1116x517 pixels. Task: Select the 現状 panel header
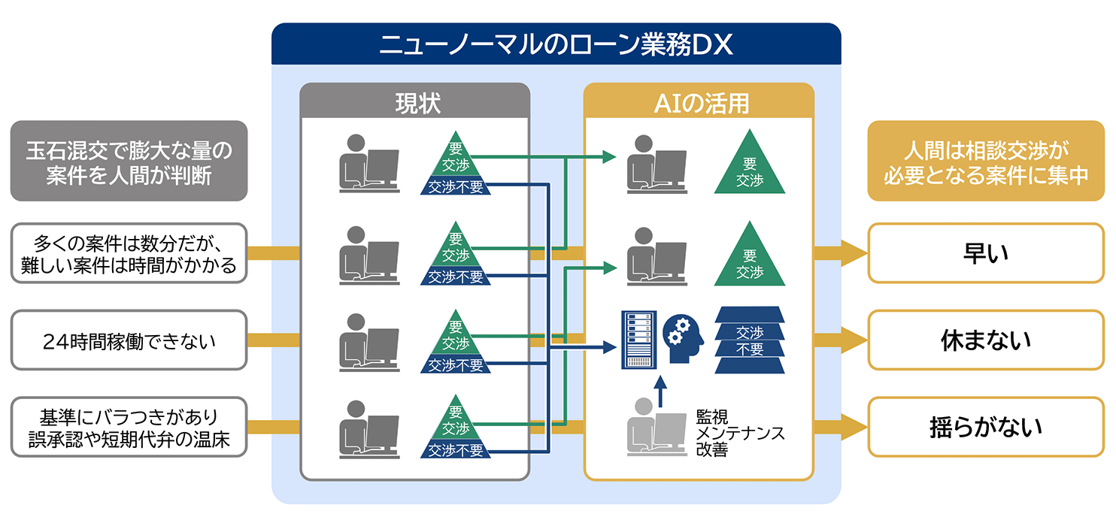coord(414,101)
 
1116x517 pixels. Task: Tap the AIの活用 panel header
coord(699,101)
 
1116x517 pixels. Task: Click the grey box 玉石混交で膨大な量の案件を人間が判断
coord(129,161)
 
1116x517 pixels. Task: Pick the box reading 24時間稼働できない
coord(129,341)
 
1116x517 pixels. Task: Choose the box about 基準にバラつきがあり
coord(129,427)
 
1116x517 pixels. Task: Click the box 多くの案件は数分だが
coord(129,253)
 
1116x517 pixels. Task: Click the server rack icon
coord(638,340)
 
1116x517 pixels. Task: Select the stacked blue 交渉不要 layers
coord(750,340)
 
